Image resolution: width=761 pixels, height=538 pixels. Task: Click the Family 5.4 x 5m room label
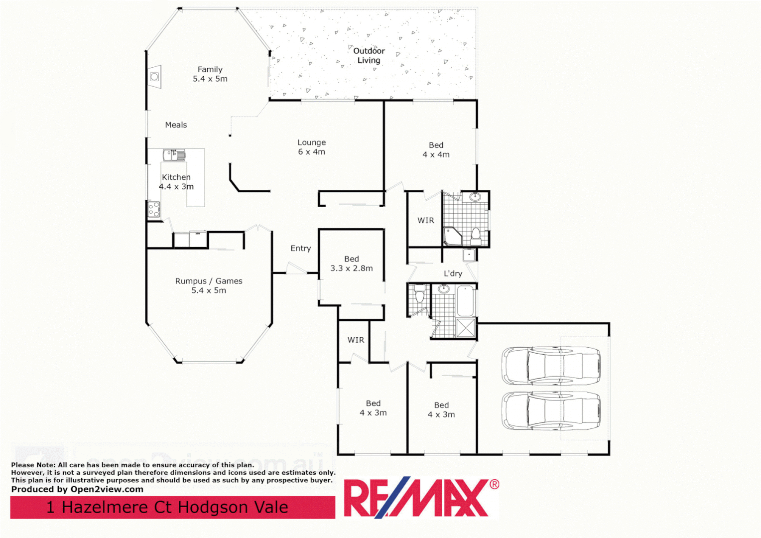[x=210, y=74]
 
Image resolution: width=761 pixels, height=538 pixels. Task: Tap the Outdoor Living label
[x=369, y=55]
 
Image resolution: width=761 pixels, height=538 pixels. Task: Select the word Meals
[x=176, y=125]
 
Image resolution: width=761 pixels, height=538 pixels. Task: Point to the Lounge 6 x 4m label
[x=311, y=147]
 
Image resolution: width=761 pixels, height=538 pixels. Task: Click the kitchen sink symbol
[x=174, y=155]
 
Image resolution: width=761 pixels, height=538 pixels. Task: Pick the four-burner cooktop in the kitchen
[x=154, y=209]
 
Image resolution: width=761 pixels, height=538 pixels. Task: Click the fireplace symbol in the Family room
[x=155, y=77]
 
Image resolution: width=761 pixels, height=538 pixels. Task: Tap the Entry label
[x=300, y=248]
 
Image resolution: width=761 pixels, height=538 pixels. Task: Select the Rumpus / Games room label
[x=209, y=285]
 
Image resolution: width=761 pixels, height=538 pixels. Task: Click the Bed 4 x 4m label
[x=436, y=150]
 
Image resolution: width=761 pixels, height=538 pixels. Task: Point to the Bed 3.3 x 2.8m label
[x=351, y=264]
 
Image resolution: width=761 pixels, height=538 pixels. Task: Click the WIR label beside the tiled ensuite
[x=425, y=220]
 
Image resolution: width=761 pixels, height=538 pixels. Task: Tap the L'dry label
[x=453, y=273]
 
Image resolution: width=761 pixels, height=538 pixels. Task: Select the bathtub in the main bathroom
[x=465, y=301]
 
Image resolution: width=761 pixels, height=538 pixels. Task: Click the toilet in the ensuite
[x=476, y=234]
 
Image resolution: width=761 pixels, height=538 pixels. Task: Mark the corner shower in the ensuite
[x=452, y=237]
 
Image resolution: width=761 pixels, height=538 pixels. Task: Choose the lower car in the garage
[x=551, y=411]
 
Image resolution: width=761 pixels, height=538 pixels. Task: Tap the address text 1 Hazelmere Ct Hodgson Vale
[x=167, y=507]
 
